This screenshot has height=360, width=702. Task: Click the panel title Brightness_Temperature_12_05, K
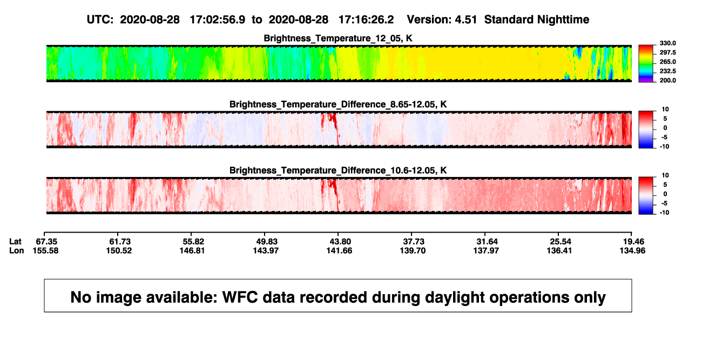pos(338,38)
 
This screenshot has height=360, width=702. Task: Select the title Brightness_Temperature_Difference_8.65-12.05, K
pos(338,104)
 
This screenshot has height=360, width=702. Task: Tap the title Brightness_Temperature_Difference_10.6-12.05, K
pos(338,171)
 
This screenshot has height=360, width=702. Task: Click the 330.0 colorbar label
pos(667,43)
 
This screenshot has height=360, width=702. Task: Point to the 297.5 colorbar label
pos(667,53)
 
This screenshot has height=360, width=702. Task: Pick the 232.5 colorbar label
pos(667,71)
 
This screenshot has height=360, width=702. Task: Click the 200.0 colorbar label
pos(667,80)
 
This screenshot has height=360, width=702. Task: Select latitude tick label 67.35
pos(46,242)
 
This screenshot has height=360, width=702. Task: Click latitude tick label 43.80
pos(340,242)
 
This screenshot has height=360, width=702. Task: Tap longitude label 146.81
pos(192,250)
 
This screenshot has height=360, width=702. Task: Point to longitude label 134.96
pos(632,250)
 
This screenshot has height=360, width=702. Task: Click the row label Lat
pos(15,242)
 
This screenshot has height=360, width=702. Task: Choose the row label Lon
pos(17,250)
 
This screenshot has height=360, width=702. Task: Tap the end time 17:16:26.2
pos(366,20)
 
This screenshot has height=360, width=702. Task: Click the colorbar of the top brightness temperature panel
pos(646,64)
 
